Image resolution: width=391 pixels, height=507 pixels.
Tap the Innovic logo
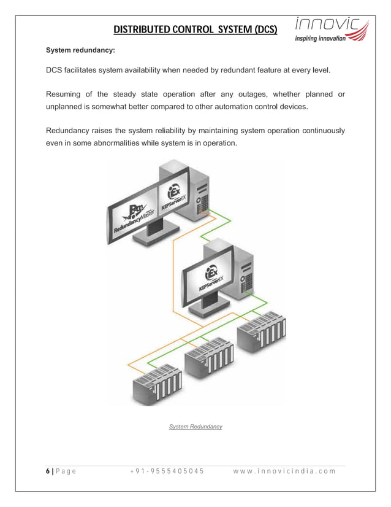331,30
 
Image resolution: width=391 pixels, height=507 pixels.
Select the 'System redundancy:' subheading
80,48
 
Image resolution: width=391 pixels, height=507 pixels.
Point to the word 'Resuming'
67,94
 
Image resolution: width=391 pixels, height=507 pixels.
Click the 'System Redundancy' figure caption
195,426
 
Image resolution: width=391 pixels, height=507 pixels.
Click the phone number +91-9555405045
166,471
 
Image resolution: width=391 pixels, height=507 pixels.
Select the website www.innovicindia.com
285,471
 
